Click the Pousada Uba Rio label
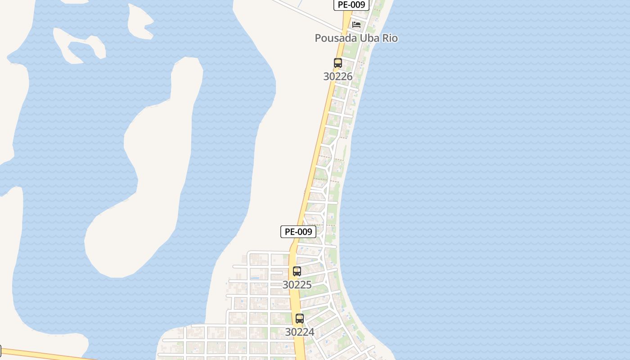pyautogui.click(x=356, y=38)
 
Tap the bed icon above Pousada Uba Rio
pyautogui.click(x=356, y=24)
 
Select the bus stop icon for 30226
pyautogui.click(x=338, y=63)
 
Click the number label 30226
pyautogui.click(x=338, y=76)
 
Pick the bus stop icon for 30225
pyautogui.click(x=297, y=271)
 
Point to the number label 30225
pyautogui.click(x=297, y=285)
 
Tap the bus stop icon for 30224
pyautogui.click(x=300, y=319)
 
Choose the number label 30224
pyautogui.click(x=300, y=332)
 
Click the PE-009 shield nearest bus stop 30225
pyautogui.click(x=298, y=232)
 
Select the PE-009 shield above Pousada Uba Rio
pyautogui.click(x=351, y=5)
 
